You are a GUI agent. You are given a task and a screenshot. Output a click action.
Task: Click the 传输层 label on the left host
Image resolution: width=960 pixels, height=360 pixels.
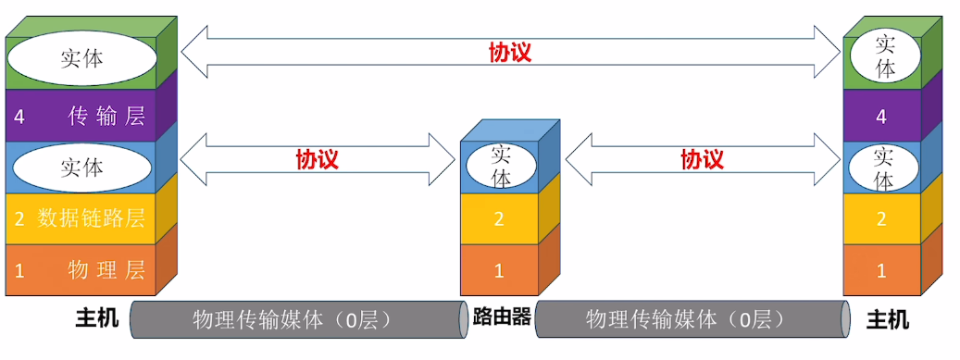[106, 116]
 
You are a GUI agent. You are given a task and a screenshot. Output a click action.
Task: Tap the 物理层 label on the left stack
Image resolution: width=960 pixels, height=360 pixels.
[106, 270]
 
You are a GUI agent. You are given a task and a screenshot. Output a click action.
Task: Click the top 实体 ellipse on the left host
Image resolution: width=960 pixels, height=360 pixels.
[81, 58]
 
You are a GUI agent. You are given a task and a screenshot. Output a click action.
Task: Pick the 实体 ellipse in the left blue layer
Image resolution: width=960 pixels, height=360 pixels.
[81, 168]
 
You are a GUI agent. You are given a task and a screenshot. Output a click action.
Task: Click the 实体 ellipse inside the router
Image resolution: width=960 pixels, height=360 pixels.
[500, 165]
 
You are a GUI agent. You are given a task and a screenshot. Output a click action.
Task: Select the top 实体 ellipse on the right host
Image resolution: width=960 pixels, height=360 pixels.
[885, 56]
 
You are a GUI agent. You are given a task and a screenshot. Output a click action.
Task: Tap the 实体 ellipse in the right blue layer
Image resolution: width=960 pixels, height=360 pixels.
[885, 168]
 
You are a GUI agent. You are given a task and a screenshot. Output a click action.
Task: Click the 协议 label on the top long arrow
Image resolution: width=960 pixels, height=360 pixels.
[509, 52]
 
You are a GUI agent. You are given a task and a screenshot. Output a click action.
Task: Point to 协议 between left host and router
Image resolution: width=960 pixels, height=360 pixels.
[317, 159]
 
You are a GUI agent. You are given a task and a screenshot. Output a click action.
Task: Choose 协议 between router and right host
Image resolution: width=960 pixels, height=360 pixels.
[701, 159]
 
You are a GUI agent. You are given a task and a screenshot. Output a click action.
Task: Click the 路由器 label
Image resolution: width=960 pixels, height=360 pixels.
[501, 317]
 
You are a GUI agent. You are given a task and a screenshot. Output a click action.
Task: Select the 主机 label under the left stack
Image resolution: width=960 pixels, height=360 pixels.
[97, 320]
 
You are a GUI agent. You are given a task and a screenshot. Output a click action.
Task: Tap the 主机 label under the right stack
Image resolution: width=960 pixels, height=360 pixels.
[887, 320]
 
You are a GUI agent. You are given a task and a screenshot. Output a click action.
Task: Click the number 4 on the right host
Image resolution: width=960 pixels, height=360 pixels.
[881, 117]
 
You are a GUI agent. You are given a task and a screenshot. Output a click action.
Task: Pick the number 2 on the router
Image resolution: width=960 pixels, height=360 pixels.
[499, 219]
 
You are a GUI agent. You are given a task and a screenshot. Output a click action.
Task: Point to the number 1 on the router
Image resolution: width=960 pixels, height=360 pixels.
[499, 270]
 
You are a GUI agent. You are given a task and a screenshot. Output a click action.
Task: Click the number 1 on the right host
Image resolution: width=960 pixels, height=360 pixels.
[881, 270]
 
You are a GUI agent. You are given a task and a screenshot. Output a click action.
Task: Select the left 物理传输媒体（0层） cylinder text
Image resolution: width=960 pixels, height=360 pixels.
[293, 320]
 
